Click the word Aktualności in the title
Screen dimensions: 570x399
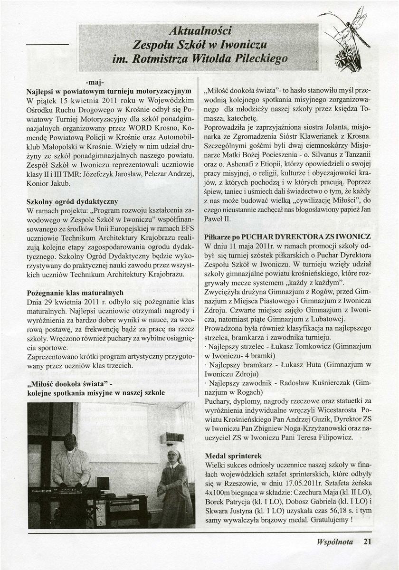click(x=196, y=32)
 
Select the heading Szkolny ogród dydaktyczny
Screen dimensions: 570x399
click(x=73, y=202)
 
